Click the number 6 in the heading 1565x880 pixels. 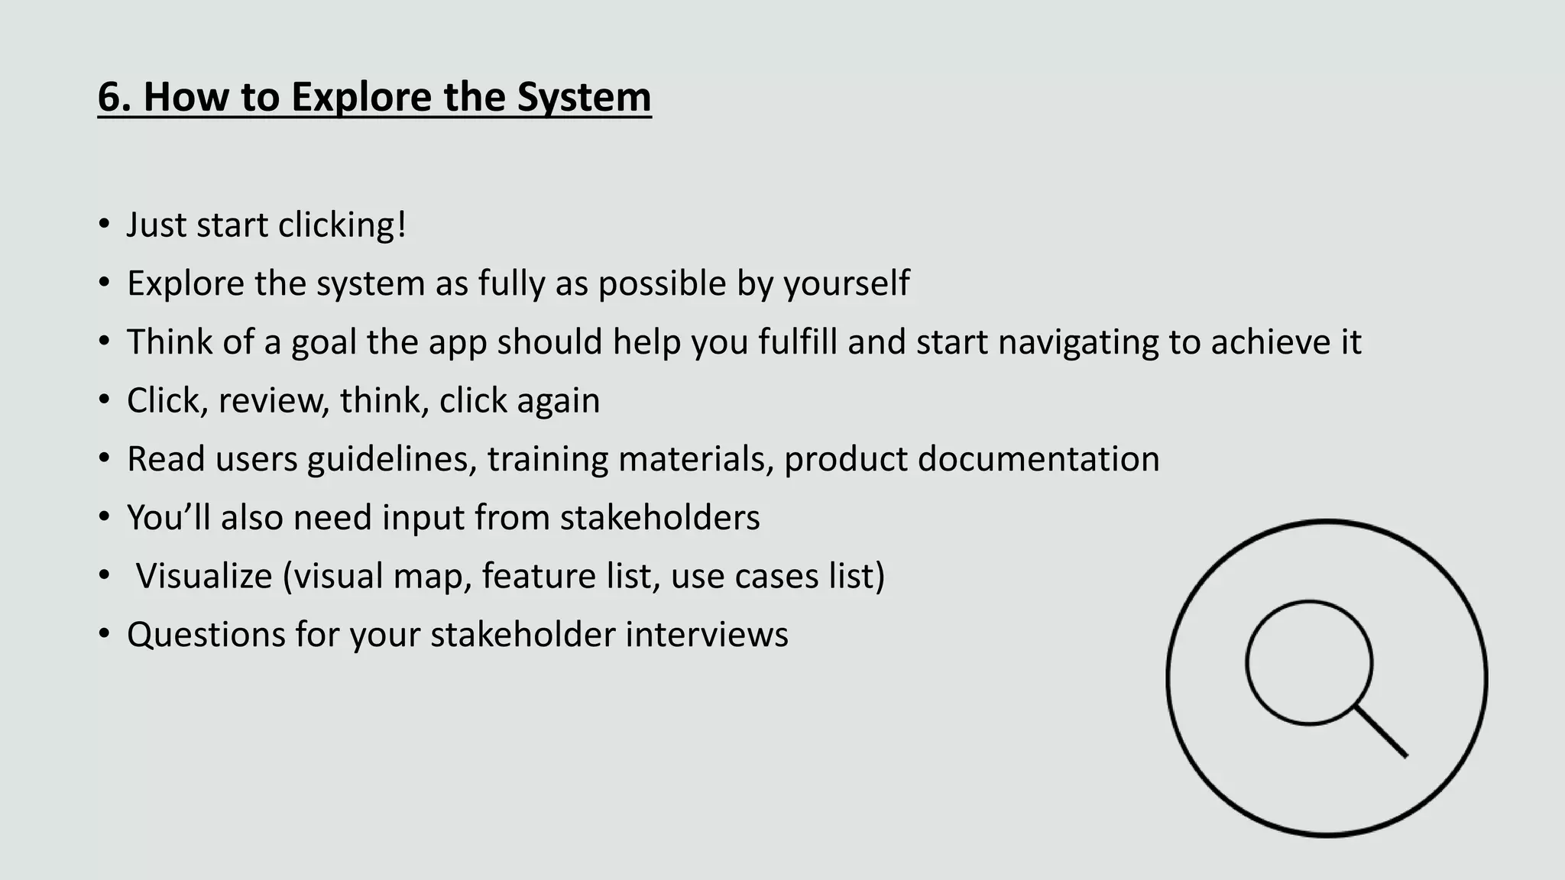pos(109,97)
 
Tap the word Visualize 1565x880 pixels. pos(203,576)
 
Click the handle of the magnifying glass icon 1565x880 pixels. pos(1382,732)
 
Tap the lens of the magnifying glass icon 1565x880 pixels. pos(1308,662)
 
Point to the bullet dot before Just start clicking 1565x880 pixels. pos(104,225)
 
